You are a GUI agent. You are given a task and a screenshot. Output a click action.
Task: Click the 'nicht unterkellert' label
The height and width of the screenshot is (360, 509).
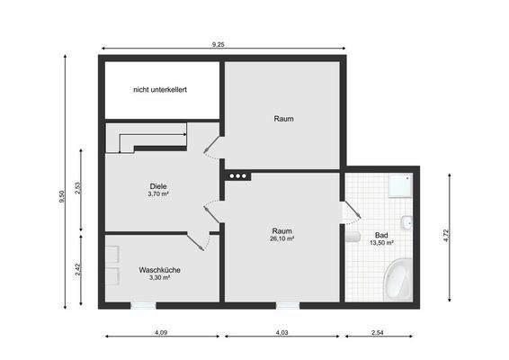coord(159,89)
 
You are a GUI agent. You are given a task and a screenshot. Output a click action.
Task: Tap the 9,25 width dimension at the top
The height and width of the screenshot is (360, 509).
coord(219,43)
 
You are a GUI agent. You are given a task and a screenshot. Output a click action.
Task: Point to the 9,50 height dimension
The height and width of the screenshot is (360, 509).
coord(61,196)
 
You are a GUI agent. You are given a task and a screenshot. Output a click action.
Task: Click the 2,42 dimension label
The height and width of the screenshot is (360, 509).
coord(79,269)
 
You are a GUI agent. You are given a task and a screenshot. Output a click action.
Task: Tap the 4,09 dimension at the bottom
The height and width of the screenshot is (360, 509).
coord(160,333)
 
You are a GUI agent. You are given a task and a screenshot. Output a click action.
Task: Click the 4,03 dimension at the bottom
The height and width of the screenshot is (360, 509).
coord(281,333)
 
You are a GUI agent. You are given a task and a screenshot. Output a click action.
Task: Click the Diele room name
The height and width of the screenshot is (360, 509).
coord(158,186)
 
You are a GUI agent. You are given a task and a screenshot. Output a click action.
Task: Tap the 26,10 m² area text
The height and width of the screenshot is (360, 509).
coord(281,238)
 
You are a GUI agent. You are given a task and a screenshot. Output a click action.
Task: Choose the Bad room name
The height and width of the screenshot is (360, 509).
coord(380,236)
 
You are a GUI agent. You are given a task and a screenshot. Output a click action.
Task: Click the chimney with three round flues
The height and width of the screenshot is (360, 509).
coord(237,176)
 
